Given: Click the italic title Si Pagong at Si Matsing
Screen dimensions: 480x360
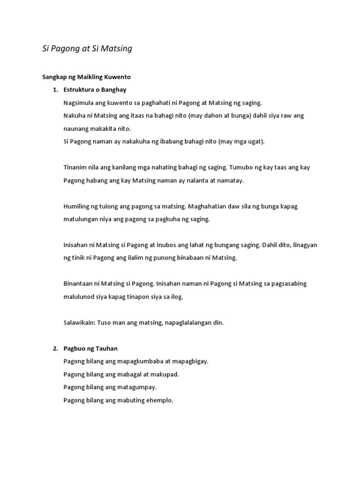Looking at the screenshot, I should point(87,48).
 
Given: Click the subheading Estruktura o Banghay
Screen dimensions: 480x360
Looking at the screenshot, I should point(95,90).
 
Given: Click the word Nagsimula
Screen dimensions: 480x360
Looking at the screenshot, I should point(78,103).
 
